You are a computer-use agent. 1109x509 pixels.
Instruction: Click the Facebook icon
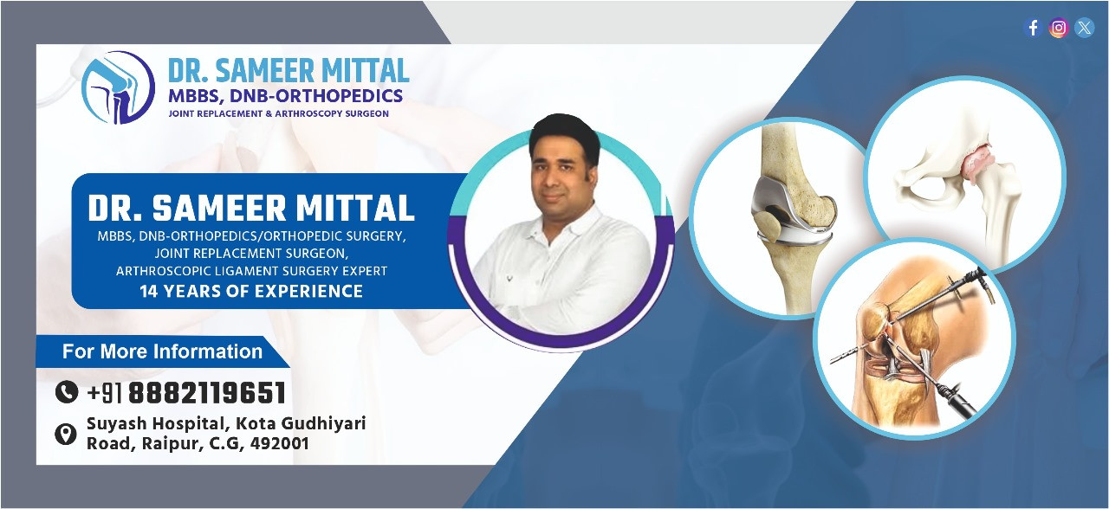pos(1033,28)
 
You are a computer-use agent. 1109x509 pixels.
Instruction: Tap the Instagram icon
pos(1059,28)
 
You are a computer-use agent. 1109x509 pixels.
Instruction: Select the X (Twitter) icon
pos(1084,28)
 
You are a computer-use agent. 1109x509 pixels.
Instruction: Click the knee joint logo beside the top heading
pos(119,87)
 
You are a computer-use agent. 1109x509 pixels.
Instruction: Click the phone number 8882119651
pos(207,393)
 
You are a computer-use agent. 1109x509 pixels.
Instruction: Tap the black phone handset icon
pos(67,392)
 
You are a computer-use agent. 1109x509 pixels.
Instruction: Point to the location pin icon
pos(65,435)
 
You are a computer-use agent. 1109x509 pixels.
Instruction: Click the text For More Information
pos(162,351)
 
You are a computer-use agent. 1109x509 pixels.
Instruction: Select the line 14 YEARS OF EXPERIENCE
pos(251,291)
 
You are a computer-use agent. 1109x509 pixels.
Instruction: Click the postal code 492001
pos(279,443)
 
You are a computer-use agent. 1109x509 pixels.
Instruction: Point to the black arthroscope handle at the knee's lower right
pos(953,397)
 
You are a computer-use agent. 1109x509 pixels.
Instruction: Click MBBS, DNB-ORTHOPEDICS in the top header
pos(286,95)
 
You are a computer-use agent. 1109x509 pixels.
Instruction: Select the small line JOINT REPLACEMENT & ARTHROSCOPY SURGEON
pos(279,113)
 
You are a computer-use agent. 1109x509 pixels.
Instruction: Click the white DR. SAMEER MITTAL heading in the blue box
pos(251,208)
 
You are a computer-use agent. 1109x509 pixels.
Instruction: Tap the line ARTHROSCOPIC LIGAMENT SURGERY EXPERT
pos(251,271)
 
